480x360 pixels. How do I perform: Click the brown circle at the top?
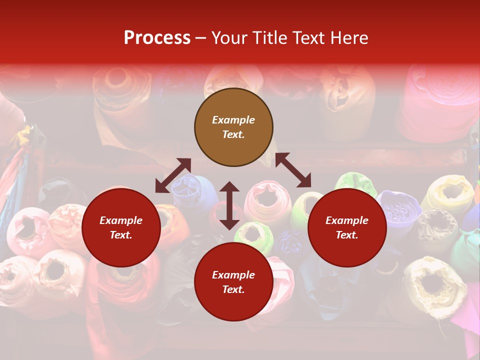(233, 127)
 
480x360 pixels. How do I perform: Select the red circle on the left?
(121, 228)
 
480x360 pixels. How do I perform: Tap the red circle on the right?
(347, 228)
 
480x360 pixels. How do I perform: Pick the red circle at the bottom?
(233, 282)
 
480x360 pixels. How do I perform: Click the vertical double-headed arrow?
(229, 205)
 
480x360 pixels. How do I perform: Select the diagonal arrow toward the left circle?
(173, 175)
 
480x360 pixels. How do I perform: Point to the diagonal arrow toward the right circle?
(293, 170)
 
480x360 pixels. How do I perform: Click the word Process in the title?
(157, 38)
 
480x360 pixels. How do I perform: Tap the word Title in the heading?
(266, 38)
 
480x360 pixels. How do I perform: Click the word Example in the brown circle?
(233, 120)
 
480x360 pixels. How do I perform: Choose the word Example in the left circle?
(121, 220)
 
